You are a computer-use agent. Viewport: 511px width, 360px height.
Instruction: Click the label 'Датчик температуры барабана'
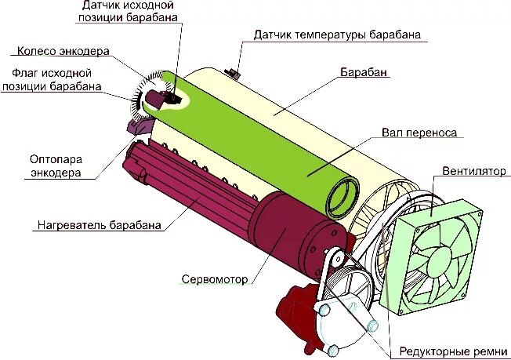pyautogui.click(x=337, y=35)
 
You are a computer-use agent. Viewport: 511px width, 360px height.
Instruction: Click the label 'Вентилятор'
pyautogui.click(x=473, y=171)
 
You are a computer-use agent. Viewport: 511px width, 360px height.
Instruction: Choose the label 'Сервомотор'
pyautogui.click(x=215, y=278)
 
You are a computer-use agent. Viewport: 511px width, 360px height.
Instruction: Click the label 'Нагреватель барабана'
pyautogui.click(x=100, y=225)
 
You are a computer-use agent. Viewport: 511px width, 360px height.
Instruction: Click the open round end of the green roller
pyautogui.click(x=342, y=195)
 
